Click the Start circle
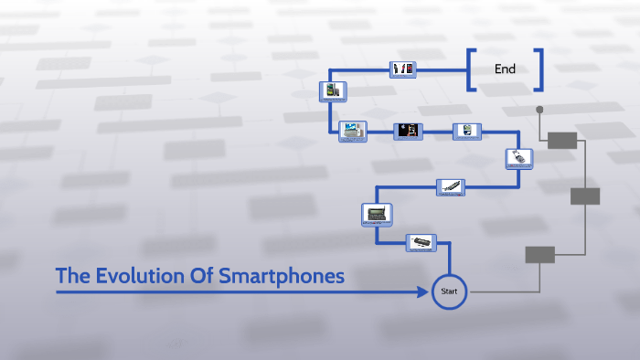coord(449,291)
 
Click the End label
coord(505,69)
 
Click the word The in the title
coord(71,275)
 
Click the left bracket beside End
coord(471,69)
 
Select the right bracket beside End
coord(539,69)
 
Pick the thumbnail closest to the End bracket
coord(403,69)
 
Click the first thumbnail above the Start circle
coord(421,242)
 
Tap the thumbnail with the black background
coord(408,132)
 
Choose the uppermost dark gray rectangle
coord(562,140)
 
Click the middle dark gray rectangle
coord(585,196)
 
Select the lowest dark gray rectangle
coord(539,255)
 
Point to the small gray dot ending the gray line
coord(539,110)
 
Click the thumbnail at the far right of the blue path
coord(519,158)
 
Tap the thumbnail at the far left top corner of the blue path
coord(331,90)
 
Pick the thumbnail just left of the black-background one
coord(352,132)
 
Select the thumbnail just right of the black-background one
coord(466,132)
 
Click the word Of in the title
coord(201,275)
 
